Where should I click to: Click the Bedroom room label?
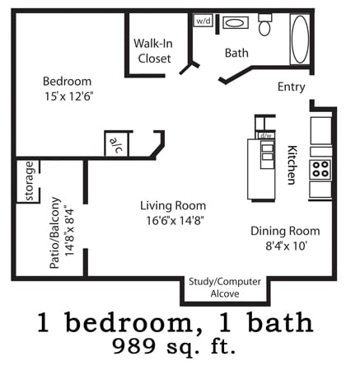68,81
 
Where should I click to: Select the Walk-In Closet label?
153,51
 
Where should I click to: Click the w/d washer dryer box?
203,21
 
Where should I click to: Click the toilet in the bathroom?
265,26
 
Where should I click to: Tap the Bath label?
236,53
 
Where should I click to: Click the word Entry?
292,87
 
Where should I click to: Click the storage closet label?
30,181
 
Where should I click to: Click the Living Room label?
173,205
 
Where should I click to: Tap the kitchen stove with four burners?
320,170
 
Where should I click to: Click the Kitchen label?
292,165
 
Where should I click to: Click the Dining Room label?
285,231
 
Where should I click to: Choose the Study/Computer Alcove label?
225,287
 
